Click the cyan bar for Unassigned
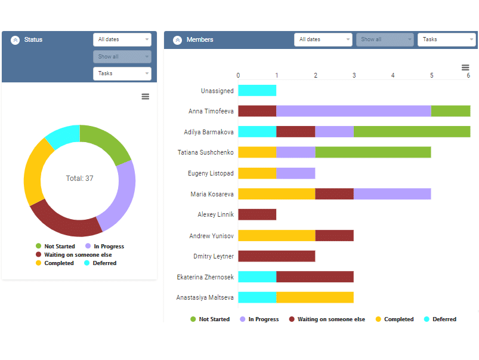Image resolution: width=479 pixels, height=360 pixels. click(x=257, y=91)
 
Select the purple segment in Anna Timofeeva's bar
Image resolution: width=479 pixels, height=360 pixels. click(x=353, y=111)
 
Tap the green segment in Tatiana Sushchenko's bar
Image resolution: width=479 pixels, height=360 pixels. click(x=373, y=152)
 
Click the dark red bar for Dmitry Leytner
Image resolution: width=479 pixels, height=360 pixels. click(x=276, y=256)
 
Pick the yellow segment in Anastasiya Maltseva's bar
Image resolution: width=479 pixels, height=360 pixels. click(x=315, y=297)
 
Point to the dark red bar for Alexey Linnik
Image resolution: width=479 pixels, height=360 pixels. click(x=257, y=214)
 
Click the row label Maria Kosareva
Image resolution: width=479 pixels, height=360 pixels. click(x=211, y=194)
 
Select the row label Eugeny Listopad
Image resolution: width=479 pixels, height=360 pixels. click(x=211, y=173)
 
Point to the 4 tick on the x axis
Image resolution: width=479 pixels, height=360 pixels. click(x=393, y=75)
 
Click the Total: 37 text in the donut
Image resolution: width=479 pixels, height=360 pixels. click(x=79, y=179)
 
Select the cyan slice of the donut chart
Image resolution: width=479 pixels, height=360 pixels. click(x=61, y=136)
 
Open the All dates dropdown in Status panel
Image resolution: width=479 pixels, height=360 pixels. click(x=122, y=39)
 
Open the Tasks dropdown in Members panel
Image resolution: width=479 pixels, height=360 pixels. click(x=446, y=39)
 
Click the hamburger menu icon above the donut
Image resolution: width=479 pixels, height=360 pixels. click(x=145, y=97)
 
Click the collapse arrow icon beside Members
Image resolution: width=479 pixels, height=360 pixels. click(x=177, y=40)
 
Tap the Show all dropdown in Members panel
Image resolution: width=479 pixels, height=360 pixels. click(x=385, y=39)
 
